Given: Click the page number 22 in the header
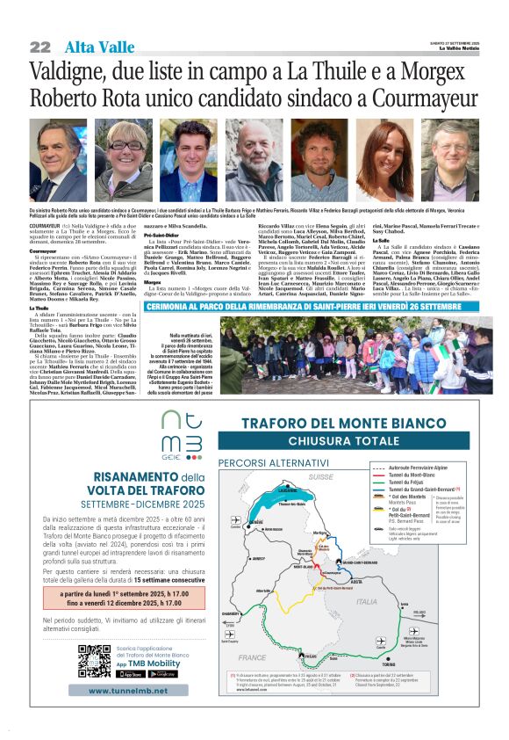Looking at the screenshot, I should [39, 47].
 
